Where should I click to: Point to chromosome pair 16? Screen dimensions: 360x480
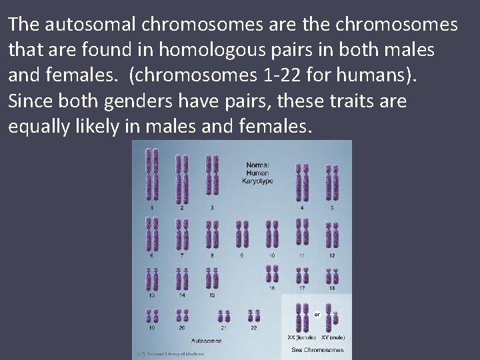tap(272, 273)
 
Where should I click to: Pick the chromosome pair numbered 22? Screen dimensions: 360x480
tap(253, 315)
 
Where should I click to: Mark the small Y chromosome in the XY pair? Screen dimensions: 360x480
tap(331, 322)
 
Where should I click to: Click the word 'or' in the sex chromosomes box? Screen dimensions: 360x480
tap(318, 314)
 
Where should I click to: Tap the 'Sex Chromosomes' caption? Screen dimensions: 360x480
tap(317, 349)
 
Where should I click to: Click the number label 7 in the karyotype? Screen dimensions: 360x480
tap(181, 255)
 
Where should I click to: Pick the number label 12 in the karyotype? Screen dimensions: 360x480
tap(331, 255)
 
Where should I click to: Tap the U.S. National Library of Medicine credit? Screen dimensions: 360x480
tap(170, 354)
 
